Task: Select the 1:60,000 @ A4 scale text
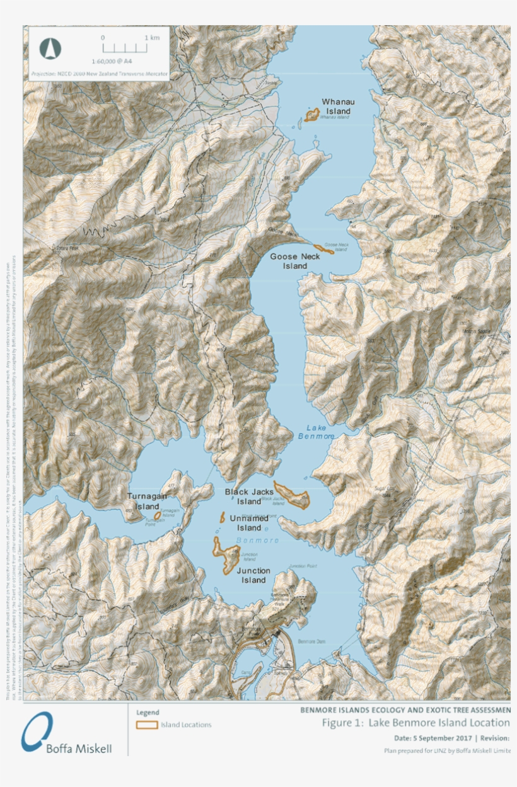pos(112,61)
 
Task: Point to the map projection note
pos(100,74)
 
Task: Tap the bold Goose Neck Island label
pos(295,261)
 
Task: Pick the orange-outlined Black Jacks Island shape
pos(292,495)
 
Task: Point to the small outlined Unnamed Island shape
pos(223,517)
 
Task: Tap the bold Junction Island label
pos(253,575)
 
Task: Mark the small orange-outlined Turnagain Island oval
pos(158,515)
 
